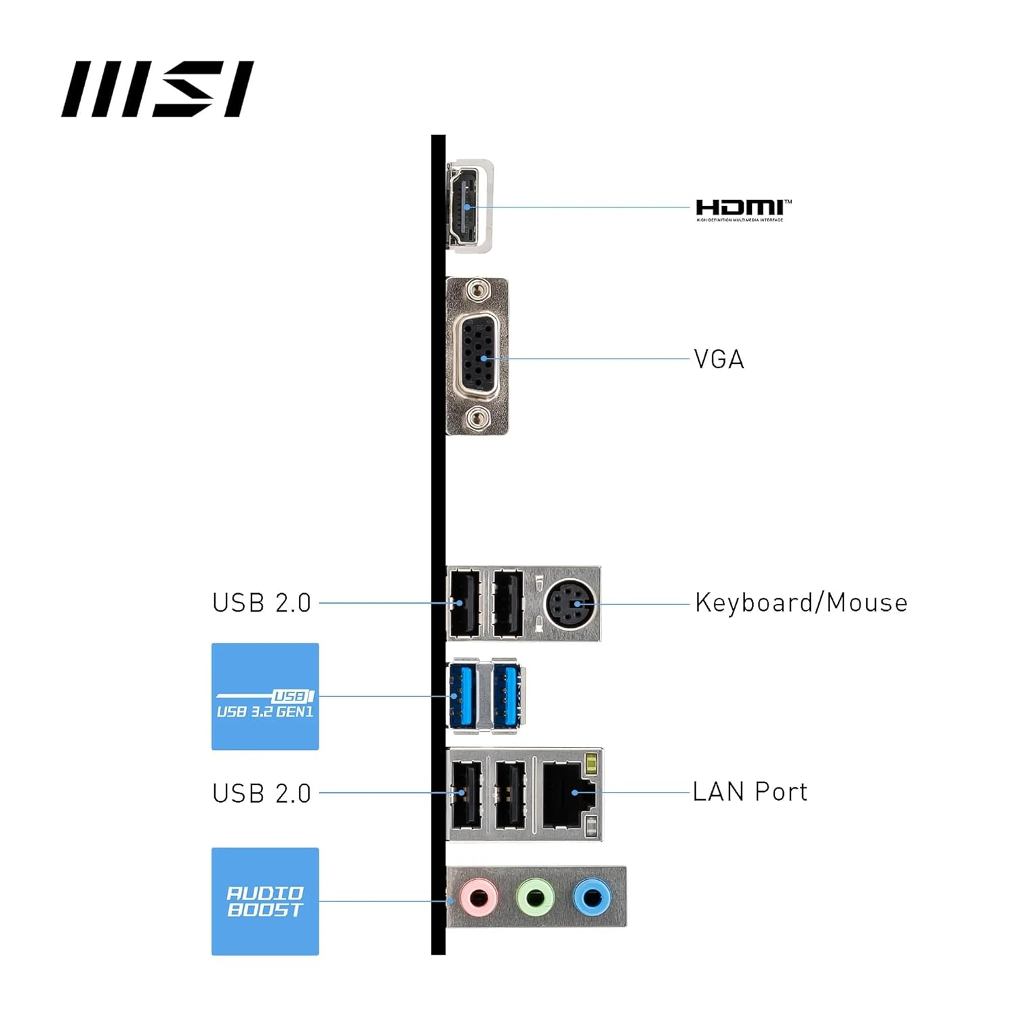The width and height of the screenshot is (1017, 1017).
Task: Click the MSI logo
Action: (157, 89)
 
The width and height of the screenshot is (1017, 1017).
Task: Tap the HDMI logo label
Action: (742, 210)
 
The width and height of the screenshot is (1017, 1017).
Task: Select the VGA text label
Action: (719, 359)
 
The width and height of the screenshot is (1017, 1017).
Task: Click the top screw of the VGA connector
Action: (479, 290)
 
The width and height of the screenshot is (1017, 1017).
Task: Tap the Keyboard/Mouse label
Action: (801, 603)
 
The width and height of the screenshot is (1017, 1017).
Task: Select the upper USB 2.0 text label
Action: (262, 603)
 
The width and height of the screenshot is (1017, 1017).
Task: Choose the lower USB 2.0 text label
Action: (262, 793)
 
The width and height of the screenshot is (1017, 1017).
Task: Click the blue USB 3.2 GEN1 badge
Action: (265, 696)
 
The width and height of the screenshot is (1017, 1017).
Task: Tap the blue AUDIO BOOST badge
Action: (265, 901)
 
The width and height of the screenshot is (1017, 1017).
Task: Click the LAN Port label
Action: (750, 792)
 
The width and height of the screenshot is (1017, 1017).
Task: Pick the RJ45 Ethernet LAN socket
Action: (567, 793)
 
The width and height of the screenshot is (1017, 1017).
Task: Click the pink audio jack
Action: (479, 898)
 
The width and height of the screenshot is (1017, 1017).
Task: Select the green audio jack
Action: (535, 898)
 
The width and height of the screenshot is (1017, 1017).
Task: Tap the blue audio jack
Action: (592, 898)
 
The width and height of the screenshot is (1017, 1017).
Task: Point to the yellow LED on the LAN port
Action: (591, 762)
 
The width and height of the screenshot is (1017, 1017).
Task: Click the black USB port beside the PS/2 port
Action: (508, 603)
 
